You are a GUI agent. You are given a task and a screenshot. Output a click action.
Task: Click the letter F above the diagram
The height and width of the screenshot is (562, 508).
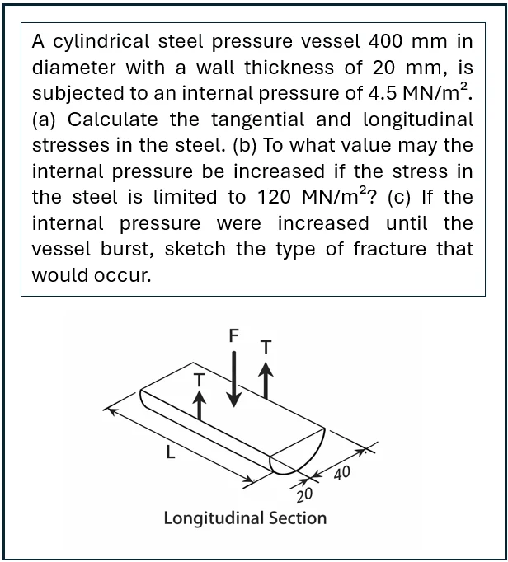coord(234,335)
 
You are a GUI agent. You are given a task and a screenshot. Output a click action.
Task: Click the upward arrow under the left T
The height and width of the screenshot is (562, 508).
coord(198,405)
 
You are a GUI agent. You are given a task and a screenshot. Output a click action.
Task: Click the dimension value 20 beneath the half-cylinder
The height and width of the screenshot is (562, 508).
coord(303,494)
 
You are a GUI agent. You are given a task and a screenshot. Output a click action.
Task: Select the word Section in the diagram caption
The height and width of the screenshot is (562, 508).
coord(294,518)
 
